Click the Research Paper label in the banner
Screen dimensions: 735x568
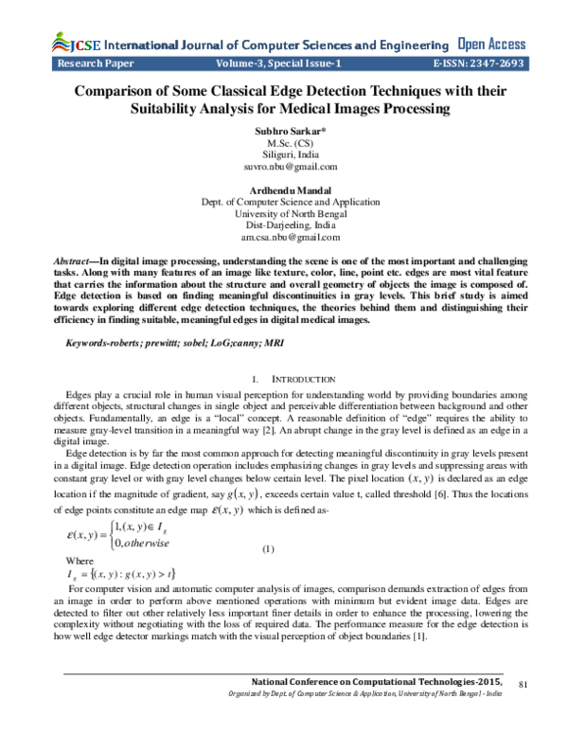coord(96,64)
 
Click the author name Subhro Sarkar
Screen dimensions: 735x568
coord(284,130)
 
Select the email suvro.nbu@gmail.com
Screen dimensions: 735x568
coord(284,167)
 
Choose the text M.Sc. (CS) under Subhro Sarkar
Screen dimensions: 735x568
coord(284,142)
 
